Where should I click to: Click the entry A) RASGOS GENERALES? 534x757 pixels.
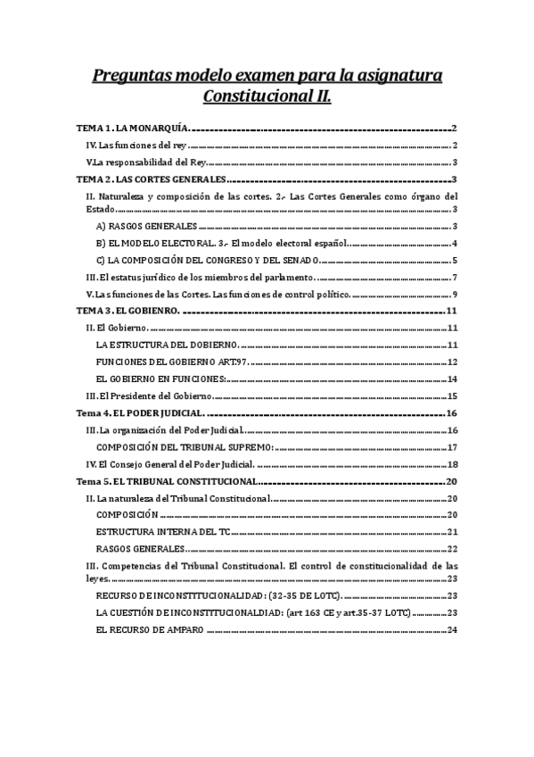pos(146,227)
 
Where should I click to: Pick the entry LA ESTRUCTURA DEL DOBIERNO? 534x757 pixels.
pos(167,345)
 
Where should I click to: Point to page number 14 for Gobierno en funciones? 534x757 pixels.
pos(452,378)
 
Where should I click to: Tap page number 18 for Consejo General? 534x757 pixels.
pos(452,464)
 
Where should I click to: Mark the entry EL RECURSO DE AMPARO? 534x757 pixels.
pos(150,630)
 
